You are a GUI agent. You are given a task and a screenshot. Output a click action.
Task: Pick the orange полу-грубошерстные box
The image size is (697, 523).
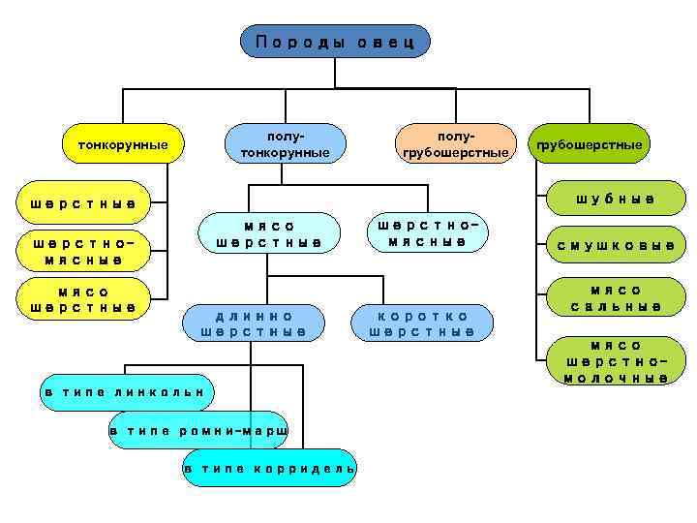pos(454,144)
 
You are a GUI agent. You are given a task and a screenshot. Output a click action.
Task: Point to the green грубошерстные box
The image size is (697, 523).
pos(590,144)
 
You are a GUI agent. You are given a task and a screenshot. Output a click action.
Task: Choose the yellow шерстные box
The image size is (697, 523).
pos(82,202)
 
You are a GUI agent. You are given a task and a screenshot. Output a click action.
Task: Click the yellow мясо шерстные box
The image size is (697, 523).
pos(82,298)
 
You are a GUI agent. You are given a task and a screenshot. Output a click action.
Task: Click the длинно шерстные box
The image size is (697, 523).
pos(254,323)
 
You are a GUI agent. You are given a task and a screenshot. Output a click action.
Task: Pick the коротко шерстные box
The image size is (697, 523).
pos(422,323)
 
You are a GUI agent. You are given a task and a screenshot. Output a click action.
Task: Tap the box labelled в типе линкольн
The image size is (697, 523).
pos(125,391)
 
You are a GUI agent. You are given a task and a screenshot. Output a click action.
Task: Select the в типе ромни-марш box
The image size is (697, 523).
pos(198,430)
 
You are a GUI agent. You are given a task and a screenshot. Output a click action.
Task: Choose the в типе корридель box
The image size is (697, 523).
pos(270,468)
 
